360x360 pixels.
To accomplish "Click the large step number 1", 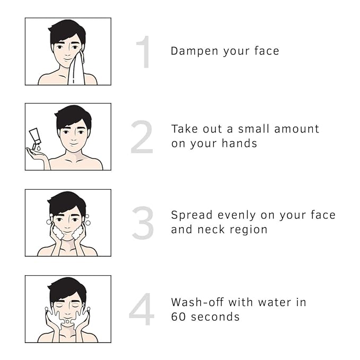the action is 145,52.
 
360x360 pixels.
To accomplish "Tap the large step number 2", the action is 142,137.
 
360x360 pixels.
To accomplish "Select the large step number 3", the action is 143,223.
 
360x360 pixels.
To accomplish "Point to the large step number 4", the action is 142,309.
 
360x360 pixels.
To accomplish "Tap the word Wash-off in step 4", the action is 197,302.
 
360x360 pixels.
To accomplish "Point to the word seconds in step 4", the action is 215,317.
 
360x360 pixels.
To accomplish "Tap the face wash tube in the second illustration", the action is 35,138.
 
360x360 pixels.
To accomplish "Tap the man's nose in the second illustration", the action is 74,137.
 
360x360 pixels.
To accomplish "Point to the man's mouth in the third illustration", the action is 67,232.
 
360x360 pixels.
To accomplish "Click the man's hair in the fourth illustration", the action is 67,289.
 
